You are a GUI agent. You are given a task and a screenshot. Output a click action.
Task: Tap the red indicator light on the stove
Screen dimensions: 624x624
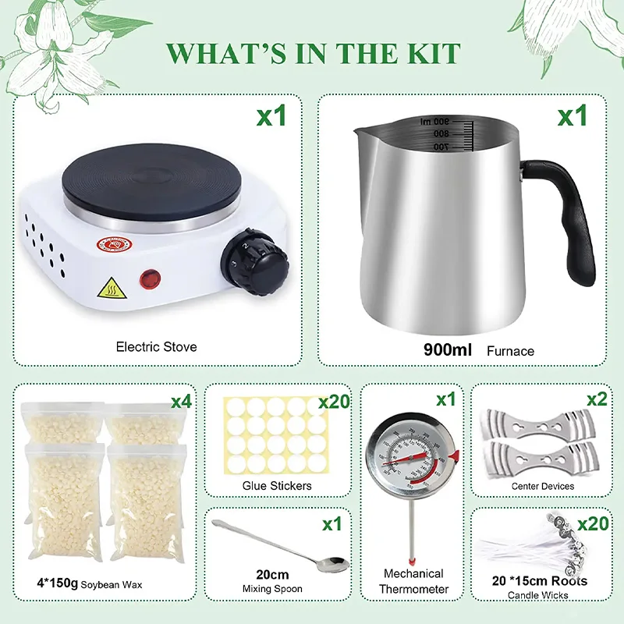149,277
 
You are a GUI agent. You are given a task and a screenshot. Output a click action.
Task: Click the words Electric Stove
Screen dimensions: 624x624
156,346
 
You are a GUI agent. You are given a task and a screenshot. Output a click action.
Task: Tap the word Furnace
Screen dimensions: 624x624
512,351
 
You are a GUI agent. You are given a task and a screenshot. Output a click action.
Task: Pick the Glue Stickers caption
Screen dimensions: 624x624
277,486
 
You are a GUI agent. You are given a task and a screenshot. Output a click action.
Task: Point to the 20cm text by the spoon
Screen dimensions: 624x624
272,575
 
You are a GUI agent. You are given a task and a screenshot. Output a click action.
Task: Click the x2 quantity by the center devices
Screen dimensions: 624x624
597,399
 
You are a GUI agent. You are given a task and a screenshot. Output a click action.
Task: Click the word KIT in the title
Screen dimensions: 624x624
424,54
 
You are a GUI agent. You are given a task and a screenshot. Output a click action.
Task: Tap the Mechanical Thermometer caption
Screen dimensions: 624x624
413,581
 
